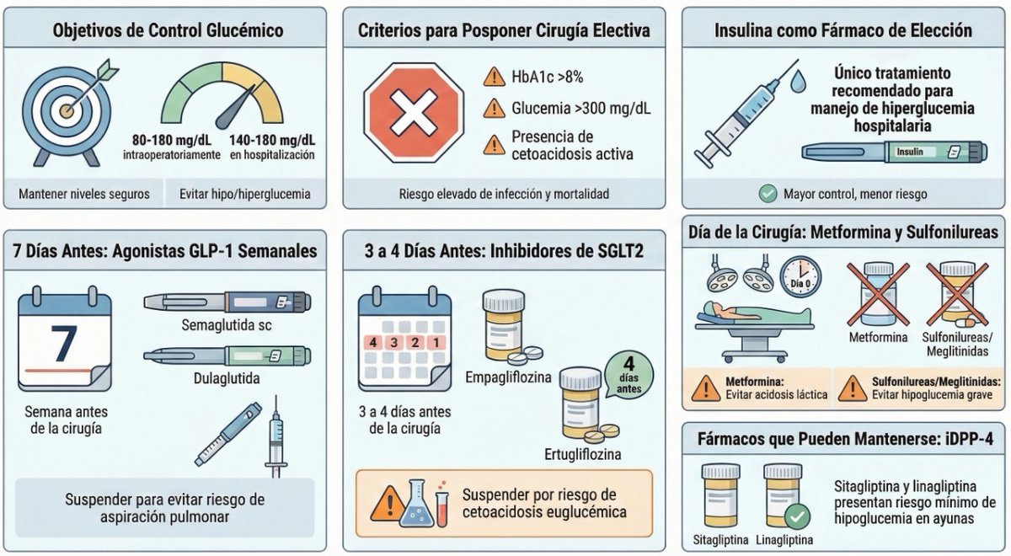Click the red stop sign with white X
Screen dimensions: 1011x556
(414, 112)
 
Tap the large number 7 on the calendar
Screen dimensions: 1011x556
(64, 343)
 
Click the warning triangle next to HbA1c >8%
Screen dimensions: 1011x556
(495, 77)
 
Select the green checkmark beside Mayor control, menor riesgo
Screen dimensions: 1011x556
(768, 194)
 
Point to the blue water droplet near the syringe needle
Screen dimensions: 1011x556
(798, 81)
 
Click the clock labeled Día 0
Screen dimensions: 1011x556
(800, 276)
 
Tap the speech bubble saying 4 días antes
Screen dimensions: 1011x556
(629, 376)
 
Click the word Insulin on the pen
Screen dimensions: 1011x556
(909, 152)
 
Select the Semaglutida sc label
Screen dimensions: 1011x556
(227, 325)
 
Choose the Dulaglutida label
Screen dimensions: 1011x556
(227, 377)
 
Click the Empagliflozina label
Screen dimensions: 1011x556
(508, 377)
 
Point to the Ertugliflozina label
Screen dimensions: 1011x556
(583, 454)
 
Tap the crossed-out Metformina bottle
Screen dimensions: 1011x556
(878, 294)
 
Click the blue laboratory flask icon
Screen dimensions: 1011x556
(416, 503)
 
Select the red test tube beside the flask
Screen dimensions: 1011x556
(441, 507)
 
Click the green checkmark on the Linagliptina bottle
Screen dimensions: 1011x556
(797, 516)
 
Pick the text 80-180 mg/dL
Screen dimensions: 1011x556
(172, 141)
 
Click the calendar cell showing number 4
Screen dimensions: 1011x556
(372, 343)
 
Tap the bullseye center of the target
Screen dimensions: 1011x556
(67, 110)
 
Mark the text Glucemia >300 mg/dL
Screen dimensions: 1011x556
(580, 109)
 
